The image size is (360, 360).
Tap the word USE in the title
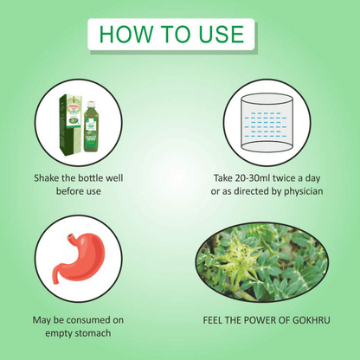[x=222, y=35]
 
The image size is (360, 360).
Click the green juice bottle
[x=92, y=126]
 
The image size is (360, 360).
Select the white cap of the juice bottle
[x=92, y=104]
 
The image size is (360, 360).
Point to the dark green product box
[x=70, y=125]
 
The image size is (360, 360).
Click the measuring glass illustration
[x=267, y=122]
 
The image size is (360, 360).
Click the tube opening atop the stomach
[x=71, y=237]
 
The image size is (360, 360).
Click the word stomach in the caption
[x=93, y=333]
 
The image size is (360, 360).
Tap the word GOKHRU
[x=311, y=320]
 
